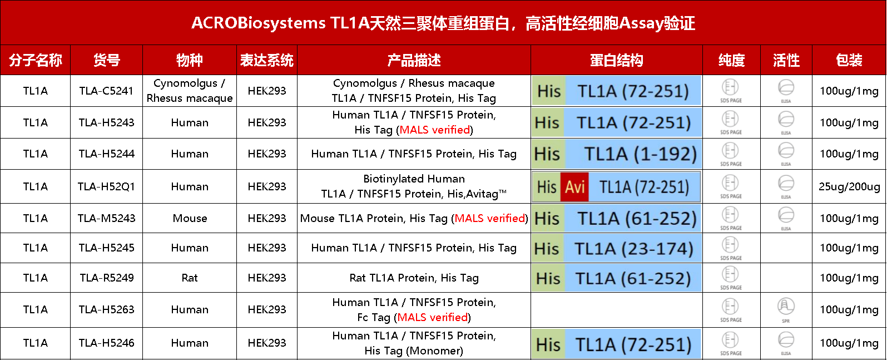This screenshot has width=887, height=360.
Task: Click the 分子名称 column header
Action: pos(36,60)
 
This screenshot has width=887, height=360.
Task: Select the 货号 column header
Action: pos(107,60)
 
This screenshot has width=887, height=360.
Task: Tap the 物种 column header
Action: pos(190,60)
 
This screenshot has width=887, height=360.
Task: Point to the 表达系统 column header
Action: pos(267,60)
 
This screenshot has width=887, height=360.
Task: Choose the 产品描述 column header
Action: pos(414,60)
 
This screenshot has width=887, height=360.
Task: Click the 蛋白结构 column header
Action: pos(617,60)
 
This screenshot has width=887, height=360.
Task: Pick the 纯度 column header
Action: pos(732,60)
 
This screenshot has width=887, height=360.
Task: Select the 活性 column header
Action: pos(786,60)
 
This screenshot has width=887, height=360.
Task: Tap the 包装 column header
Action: pos(849,60)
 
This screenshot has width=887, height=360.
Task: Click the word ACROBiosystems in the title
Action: pos(259,23)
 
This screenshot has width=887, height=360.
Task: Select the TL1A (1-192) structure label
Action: pos(640,154)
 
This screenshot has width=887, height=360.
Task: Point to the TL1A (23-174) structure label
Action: pos(634,249)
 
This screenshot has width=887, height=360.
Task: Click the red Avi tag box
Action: pos(575,187)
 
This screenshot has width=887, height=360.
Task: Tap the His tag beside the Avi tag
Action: pos(547,187)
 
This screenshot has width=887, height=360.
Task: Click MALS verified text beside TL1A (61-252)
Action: pos(490,218)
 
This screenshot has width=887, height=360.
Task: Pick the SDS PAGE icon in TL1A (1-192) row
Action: pos(731,152)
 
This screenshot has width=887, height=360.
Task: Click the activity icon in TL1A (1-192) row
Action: pos(786,151)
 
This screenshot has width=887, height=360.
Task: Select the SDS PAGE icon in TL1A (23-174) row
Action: pos(731,246)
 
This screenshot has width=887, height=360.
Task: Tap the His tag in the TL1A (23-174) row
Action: pos(547,249)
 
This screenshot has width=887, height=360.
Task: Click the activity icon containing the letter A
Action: pos(786,306)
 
